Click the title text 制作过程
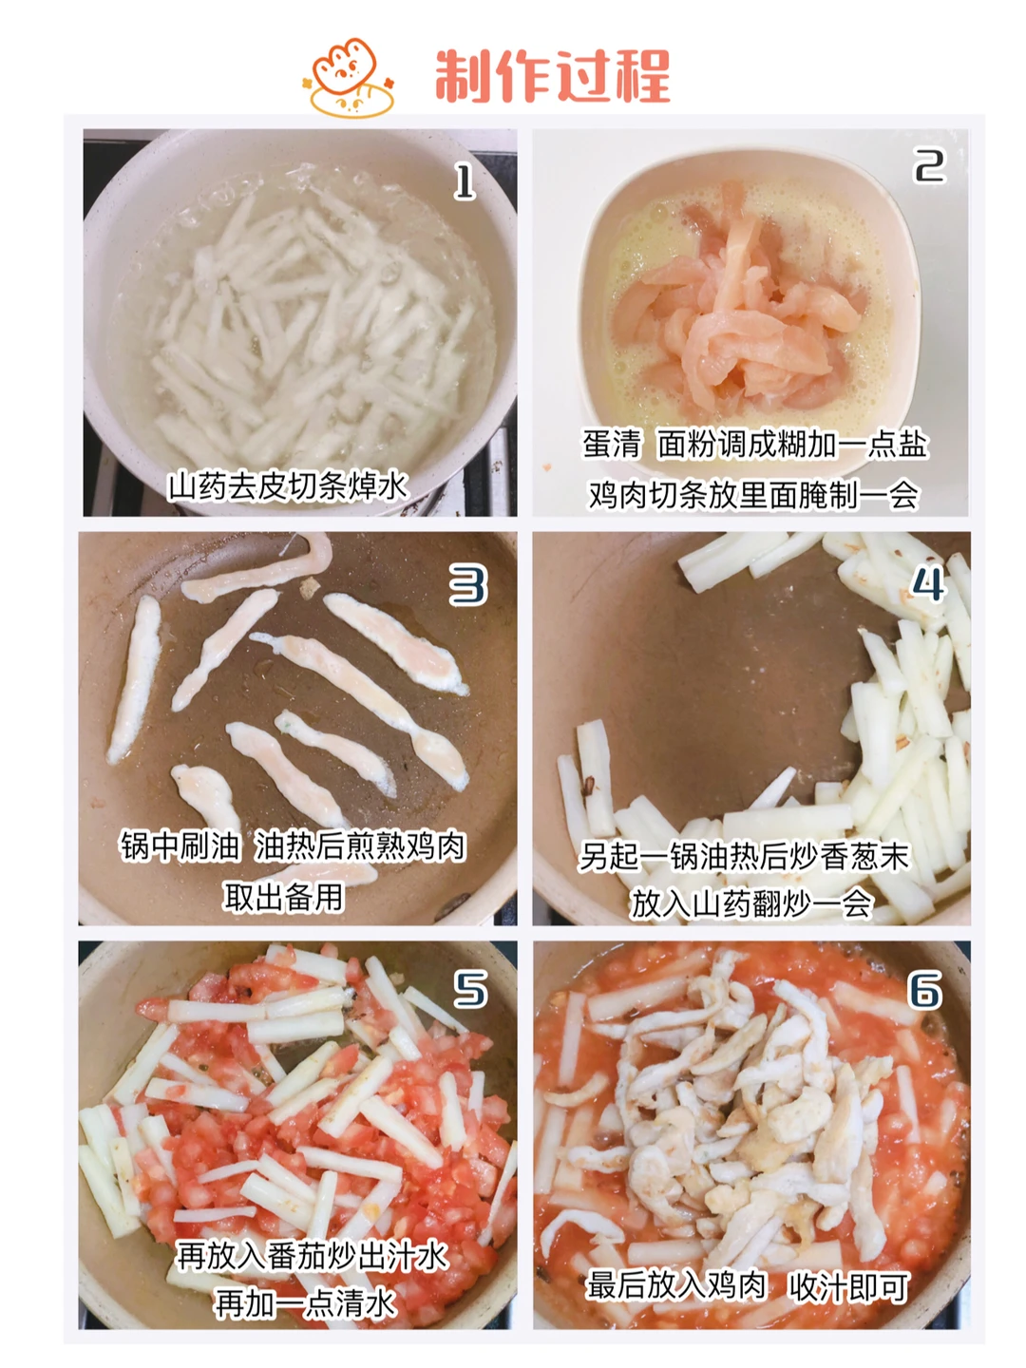(552, 75)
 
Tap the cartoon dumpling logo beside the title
(350, 77)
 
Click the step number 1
(465, 182)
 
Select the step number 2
(929, 165)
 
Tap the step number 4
(928, 584)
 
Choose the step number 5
(469, 990)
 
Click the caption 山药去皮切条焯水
(289, 486)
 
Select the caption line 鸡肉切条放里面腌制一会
(753, 495)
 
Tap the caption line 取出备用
(283, 898)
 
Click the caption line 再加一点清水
(305, 1301)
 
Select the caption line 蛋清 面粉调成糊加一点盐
(755, 444)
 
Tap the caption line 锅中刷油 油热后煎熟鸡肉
(293, 846)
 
